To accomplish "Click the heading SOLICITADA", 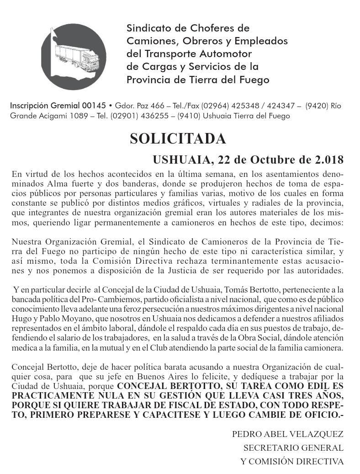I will (177, 138).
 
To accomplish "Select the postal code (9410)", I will (189, 116).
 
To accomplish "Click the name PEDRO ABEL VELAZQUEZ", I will (287, 434).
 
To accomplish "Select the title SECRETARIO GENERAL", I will (293, 447).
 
